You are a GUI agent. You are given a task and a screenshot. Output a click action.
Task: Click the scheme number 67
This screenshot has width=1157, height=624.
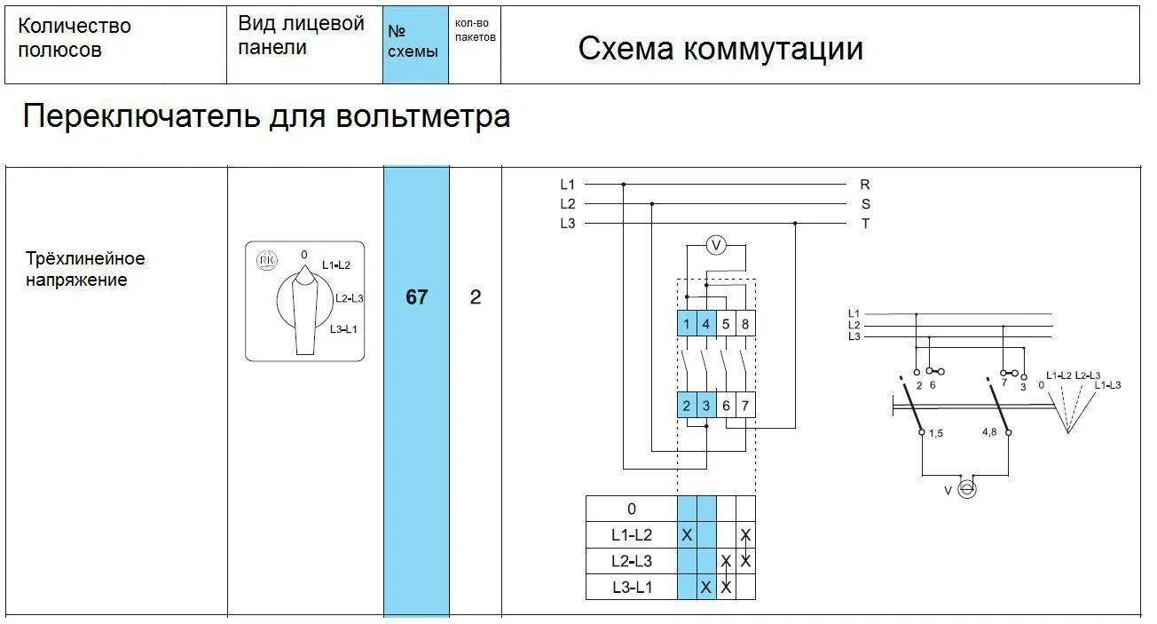pos(416,297)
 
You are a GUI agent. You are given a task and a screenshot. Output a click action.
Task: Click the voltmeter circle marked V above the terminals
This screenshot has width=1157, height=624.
pos(716,246)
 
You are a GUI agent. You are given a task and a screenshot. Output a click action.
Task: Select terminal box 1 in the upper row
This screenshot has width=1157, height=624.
pos(687,324)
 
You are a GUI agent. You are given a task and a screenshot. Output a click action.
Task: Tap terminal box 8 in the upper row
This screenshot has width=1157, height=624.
pos(745,324)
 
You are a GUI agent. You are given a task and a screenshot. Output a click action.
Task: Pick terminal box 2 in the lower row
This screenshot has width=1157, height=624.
pos(687,406)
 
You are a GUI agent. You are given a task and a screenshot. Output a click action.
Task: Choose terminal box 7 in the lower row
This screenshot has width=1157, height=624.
pos(745,406)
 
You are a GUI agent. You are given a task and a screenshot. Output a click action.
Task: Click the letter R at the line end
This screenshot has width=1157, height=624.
pos(865,185)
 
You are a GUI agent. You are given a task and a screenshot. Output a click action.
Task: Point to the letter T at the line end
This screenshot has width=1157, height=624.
pos(865,224)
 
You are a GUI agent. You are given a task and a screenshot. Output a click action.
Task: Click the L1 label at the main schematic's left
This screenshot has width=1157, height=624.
pos(568,185)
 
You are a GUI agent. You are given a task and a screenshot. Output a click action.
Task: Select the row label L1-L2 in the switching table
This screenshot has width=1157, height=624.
pos(631,535)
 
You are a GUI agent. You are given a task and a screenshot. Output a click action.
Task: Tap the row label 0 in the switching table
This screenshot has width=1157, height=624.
pos(631,509)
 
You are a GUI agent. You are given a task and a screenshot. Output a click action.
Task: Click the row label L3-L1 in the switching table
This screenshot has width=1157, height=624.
pos(631,587)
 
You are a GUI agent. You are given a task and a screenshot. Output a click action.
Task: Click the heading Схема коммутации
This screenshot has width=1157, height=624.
pos(720,49)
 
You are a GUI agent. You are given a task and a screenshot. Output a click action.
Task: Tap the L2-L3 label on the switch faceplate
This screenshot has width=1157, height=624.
pos(349,298)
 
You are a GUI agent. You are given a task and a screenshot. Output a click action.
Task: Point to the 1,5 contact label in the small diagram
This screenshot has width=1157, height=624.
pos(936,432)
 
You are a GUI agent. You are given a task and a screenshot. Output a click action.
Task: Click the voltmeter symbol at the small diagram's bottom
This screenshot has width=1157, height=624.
pos(967,489)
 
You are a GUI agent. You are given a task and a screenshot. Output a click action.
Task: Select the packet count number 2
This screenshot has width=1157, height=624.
pos(476,297)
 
